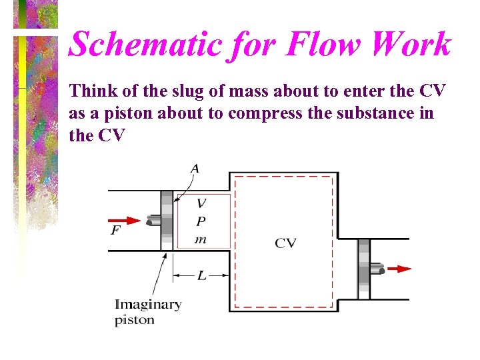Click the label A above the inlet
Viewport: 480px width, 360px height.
coord(195,169)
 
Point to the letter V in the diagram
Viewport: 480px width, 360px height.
coord(201,203)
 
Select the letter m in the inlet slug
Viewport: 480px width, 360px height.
coord(201,239)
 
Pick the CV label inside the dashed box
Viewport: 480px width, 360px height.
coord(285,243)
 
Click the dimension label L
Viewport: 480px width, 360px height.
coord(201,275)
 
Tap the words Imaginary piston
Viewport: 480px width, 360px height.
coord(147,312)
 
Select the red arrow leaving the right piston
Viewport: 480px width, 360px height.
coord(399,269)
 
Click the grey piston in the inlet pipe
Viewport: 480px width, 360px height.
coord(167,221)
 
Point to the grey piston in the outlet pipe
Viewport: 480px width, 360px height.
coord(363,269)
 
